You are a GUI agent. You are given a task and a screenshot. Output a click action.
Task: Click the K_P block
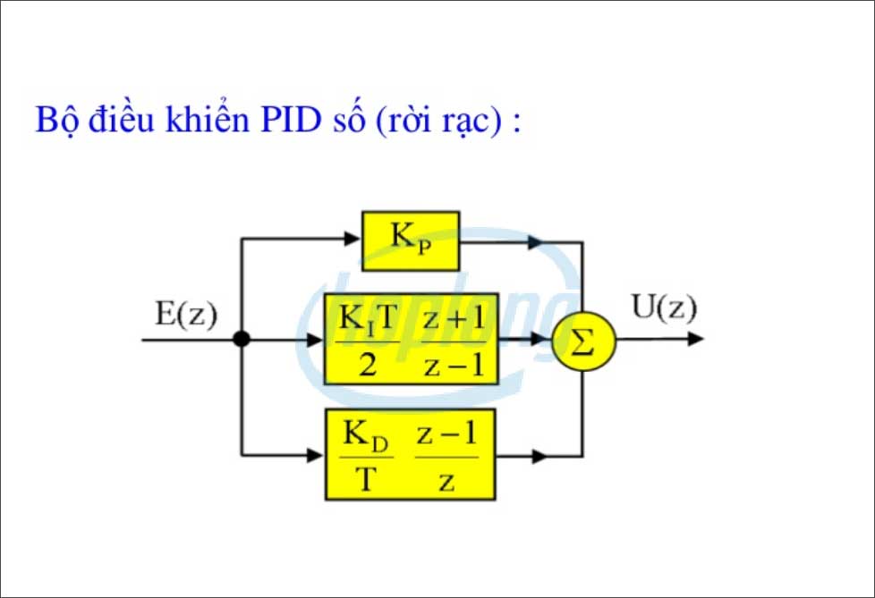tap(410, 240)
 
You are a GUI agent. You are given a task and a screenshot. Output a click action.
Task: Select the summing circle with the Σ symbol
tap(582, 341)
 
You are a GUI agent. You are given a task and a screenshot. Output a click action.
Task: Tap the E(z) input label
tap(186, 314)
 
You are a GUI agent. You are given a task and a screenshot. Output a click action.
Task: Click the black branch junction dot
tap(241, 340)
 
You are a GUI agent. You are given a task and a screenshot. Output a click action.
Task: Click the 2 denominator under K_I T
tap(367, 366)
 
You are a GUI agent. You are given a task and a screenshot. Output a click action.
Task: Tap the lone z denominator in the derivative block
tap(446, 482)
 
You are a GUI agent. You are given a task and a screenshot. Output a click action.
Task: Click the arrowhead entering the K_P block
tap(352, 239)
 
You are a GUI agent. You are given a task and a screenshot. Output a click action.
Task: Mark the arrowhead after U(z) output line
tap(696, 340)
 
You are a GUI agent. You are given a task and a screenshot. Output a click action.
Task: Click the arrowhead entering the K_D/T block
tap(315, 456)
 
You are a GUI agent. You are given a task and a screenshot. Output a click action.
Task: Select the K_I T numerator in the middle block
tap(367, 320)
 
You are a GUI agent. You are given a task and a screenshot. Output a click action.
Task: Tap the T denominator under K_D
tap(366, 481)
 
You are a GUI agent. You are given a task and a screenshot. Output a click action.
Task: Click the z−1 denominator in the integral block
tap(453, 366)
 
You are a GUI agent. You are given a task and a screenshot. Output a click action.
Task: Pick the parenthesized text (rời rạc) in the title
tap(437, 120)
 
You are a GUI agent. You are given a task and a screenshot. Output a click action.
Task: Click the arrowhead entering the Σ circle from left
tap(542, 340)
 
